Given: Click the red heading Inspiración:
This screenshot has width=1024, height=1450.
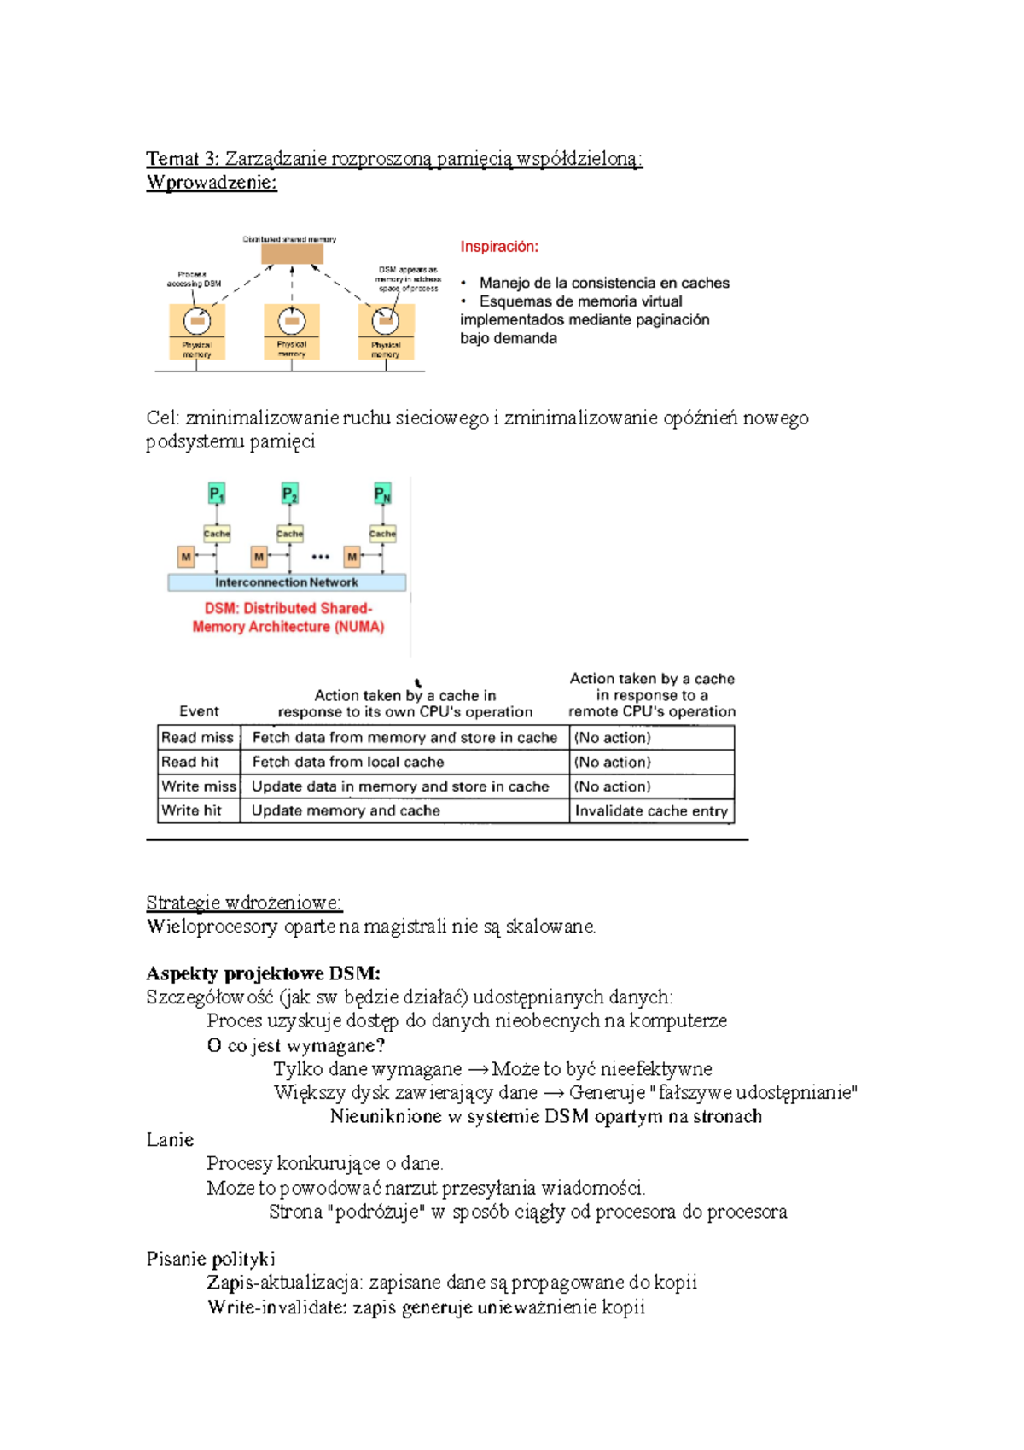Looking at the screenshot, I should click(499, 247).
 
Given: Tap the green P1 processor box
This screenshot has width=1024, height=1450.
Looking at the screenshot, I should click(217, 494).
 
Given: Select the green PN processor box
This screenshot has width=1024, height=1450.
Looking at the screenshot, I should click(382, 494).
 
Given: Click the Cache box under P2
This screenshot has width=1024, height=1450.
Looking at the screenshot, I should click(290, 534).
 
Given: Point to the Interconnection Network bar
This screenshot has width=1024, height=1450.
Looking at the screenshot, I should click(287, 582).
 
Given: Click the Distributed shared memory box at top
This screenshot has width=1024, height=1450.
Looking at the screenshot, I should click(292, 254).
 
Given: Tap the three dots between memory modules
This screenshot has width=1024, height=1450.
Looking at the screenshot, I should click(320, 557).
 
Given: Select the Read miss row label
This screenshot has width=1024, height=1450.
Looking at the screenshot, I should click(197, 737).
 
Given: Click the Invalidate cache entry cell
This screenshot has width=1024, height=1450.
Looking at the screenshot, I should click(651, 810).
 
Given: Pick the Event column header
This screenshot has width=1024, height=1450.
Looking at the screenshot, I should click(199, 711).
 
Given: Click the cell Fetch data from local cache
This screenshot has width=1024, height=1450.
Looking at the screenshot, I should click(348, 762).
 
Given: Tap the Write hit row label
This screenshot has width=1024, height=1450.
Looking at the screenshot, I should click(191, 810).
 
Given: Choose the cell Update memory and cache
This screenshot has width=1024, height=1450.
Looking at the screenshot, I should click(346, 810).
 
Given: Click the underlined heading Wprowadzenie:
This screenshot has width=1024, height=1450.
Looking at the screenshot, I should click(212, 182).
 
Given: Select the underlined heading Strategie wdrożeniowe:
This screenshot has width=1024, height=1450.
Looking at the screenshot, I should click(243, 903).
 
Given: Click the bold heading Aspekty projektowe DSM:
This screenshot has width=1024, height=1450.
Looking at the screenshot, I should click(263, 973).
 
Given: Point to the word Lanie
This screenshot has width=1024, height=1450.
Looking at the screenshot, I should click(170, 1140).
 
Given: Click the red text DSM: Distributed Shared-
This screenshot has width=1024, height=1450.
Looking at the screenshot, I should click(288, 608).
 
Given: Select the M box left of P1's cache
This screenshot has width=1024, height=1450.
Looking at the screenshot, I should click(185, 557).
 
